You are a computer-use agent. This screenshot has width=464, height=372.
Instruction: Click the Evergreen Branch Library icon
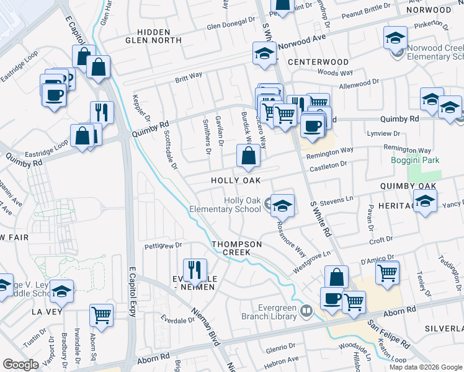click(x=306, y=311)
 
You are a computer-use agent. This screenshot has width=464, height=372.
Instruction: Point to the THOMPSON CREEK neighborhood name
click(x=237, y=248)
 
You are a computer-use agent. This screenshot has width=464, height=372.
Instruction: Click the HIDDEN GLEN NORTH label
click(x=153, y=35)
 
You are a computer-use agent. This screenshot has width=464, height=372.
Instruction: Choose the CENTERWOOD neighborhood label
click(x=318, y=62)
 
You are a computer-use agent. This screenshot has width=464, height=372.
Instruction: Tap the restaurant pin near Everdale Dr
click(x=195, y=269)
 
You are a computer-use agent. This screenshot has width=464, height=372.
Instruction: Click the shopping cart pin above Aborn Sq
click(x=101, y=314)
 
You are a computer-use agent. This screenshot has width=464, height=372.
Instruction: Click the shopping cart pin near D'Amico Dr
click(x=387, y=272)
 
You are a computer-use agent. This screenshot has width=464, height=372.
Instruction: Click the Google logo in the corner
click(x=20, y=365)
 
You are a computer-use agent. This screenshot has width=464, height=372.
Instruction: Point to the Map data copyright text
click(x=425, y=367)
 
